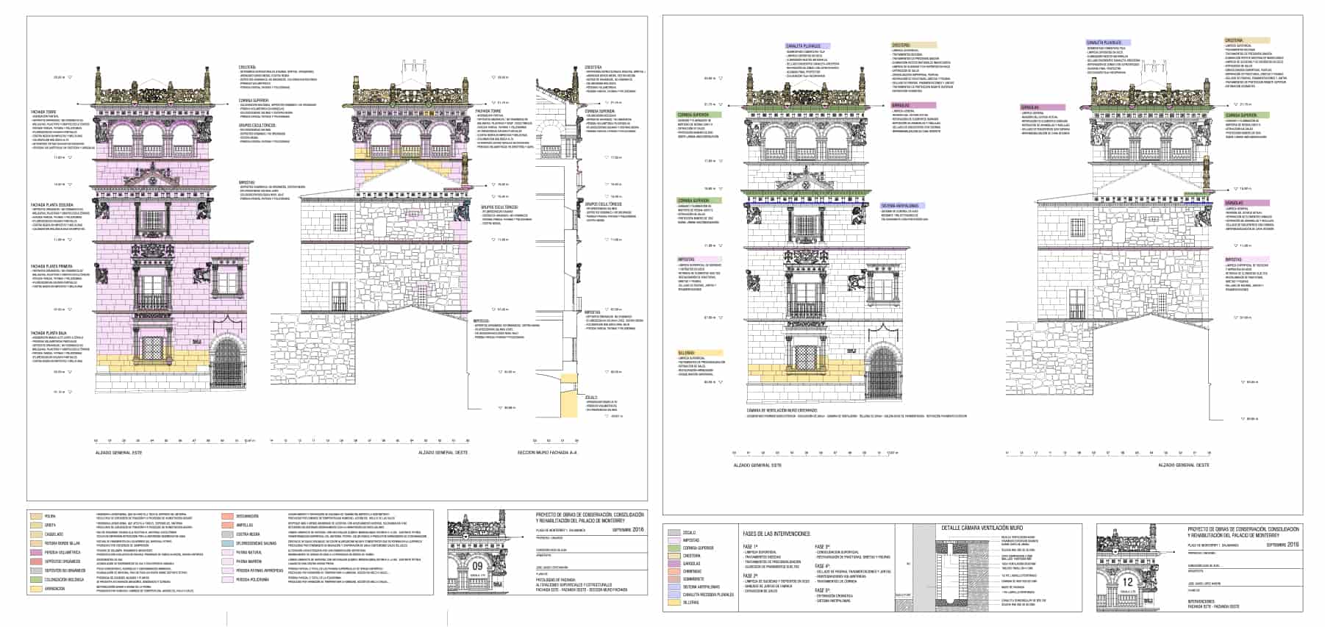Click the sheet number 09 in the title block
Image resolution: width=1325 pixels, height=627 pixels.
[x=478, y=566]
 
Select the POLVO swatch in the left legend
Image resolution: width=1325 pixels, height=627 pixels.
[x=36, y=516]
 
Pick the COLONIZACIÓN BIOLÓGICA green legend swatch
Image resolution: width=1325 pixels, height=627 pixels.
[x=36, y=579]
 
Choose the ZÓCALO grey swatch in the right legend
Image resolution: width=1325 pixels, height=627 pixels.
[x=673, y=532]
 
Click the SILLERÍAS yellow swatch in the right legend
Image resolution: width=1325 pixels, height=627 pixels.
[x=673, y=603]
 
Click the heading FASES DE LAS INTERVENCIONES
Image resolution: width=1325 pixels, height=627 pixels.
[x=776, y=533]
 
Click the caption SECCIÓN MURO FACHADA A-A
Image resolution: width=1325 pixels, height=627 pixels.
[x=547, y=453]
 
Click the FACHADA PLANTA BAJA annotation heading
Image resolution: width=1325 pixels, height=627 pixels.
[x=47, y=333]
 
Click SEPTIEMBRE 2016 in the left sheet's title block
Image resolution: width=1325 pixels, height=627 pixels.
[x=626, y=529]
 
